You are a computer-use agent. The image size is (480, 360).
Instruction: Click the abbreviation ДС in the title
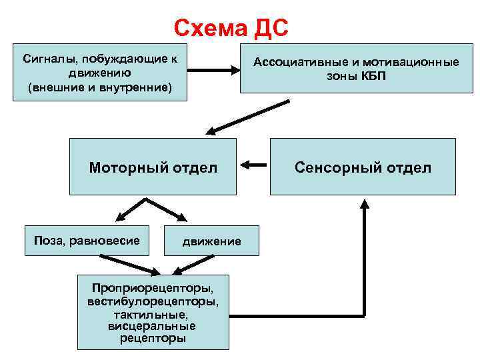tap(271, 28)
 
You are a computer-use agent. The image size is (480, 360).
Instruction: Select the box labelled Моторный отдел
tap(153, 167)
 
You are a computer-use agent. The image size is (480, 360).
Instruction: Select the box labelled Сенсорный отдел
tap(363, 167)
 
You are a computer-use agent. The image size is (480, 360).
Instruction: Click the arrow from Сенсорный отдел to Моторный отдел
tap(253, 165)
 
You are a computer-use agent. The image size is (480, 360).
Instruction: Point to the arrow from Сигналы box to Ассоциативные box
tap(213, 68)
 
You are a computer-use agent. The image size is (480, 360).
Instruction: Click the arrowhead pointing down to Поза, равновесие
tap(119, 215)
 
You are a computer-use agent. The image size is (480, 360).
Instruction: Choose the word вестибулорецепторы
tap(153, 302)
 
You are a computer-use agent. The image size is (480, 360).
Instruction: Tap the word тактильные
tap(153, 314)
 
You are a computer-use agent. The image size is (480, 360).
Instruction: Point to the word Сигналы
tap(49, 58)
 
